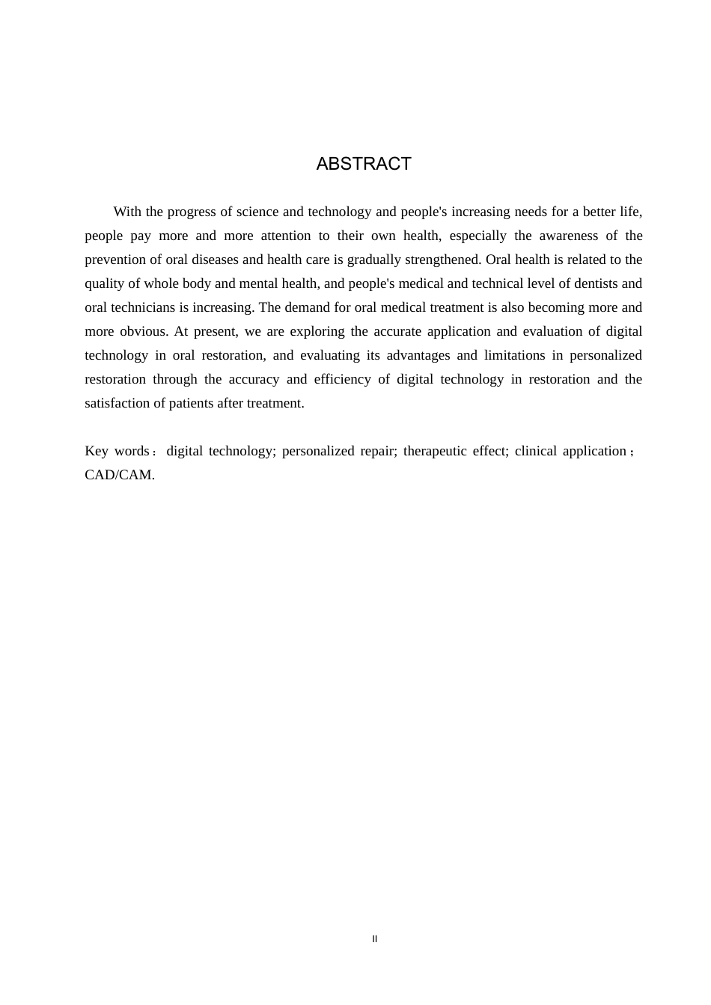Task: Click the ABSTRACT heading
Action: point(364,164)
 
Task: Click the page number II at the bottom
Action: point(375,939)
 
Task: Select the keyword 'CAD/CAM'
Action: point(118,475)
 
